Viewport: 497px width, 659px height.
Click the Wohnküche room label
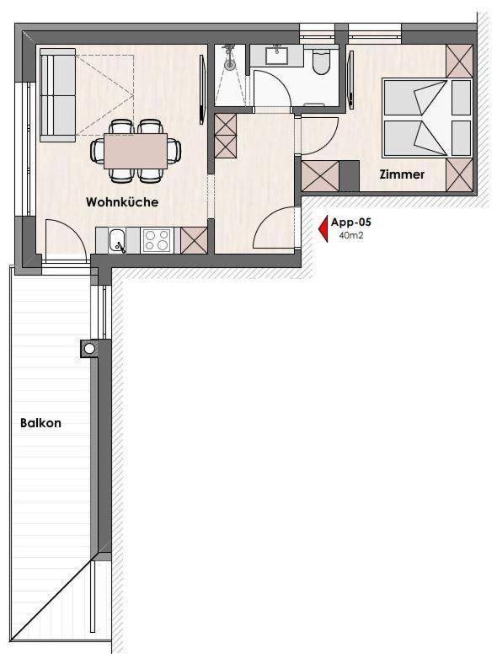tap(122, 201)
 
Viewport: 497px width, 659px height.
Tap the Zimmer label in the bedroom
tap(402, 174)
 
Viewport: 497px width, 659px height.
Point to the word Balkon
tap(40, 422)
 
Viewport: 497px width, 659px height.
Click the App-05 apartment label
tap(350, 222)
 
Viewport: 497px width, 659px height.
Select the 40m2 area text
tap(350, 235)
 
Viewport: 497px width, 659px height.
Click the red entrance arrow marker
tap(323, 229)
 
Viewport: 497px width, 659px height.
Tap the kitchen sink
tap(117, 241)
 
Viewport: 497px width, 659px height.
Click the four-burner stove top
tap(157, 240)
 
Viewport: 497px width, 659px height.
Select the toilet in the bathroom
tap(323, 62)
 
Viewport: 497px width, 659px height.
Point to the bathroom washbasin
tap(277, 56)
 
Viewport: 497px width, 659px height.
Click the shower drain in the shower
tap(229, 65)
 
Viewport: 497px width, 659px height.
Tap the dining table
tap(136, 151)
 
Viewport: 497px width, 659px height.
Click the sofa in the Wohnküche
tap(58, 95)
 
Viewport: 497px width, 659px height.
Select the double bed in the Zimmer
tap(426, 117)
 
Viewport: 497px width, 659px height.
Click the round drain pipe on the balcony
tap(89, 348)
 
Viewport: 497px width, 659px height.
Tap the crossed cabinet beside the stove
tap(194, 240)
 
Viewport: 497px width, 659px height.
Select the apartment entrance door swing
tap(275, 227)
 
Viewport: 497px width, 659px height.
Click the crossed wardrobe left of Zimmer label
tap(320, 176)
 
